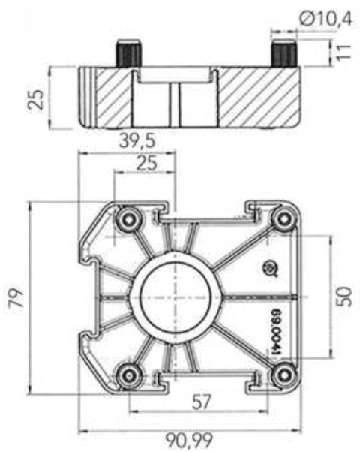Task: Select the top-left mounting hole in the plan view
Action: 129,219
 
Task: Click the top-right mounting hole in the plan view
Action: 283,219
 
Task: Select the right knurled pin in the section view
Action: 283,53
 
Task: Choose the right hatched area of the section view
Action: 255,98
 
